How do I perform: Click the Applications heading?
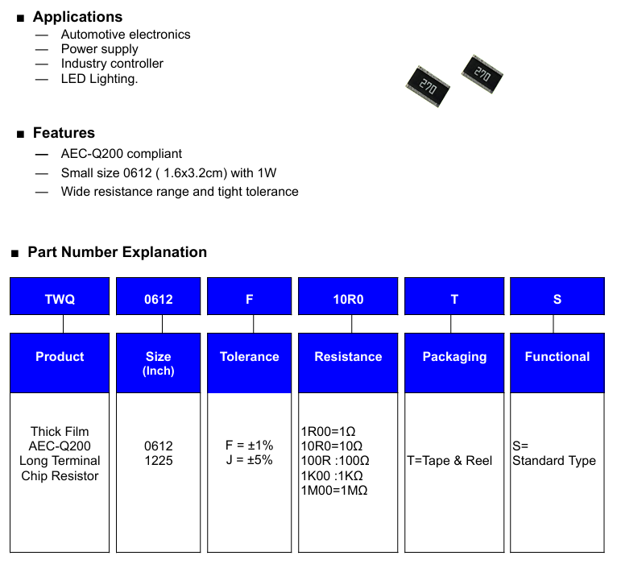coord(77,17)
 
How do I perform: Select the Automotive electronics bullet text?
coord(126,35)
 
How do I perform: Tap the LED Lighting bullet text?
coord(99,79)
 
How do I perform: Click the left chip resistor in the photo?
coord(428,86)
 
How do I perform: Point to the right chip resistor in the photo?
coord(482,74)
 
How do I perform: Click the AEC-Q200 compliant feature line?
coord(121,154)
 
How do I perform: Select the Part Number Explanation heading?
coord(118,252)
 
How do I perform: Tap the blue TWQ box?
coord(60,297)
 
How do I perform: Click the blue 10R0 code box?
coord(348,297)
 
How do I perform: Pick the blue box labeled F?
coord(250,297)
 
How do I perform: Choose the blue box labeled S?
coord(557,297)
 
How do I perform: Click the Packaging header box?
coord(454,363)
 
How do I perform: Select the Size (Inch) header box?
coord(158,363)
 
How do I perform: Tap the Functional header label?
coord(557,357)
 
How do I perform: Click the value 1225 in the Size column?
coord(159,461)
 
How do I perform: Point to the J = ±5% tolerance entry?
coord(250,460)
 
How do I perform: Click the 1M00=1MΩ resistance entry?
coord(334,491)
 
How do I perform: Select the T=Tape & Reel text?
coord(449,461)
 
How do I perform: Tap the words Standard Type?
coord(554,461)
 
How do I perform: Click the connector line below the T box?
coord(451,324)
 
